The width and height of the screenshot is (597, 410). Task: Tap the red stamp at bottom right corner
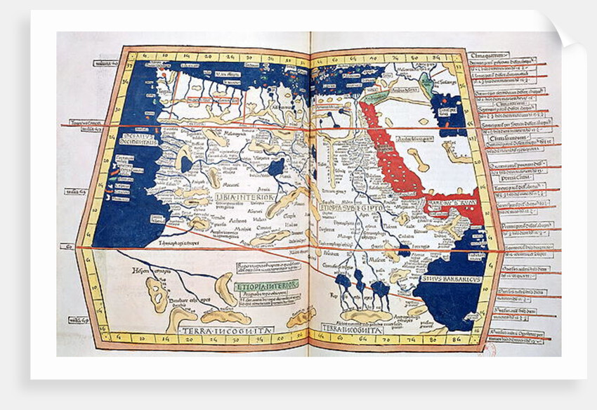click(x=491, y=347)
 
